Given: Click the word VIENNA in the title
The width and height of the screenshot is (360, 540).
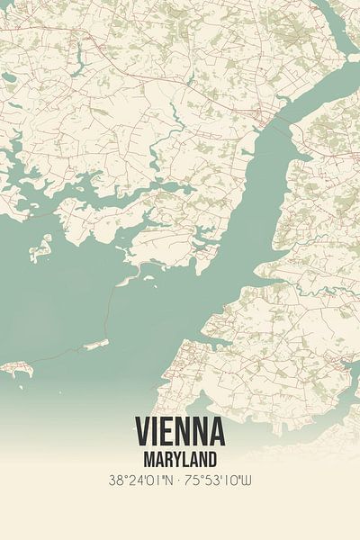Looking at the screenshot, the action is point(180,433).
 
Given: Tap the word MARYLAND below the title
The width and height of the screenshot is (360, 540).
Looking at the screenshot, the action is point(180,459).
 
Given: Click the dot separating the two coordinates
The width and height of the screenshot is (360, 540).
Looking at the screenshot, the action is point(180,481).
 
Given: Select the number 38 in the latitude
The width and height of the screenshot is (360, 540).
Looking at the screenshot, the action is point(114,481).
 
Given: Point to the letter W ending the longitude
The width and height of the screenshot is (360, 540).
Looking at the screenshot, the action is point(247,481).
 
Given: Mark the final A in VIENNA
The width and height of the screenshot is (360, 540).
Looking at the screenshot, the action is point(217,433).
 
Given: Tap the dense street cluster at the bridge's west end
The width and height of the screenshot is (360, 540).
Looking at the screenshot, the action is point(260,114).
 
